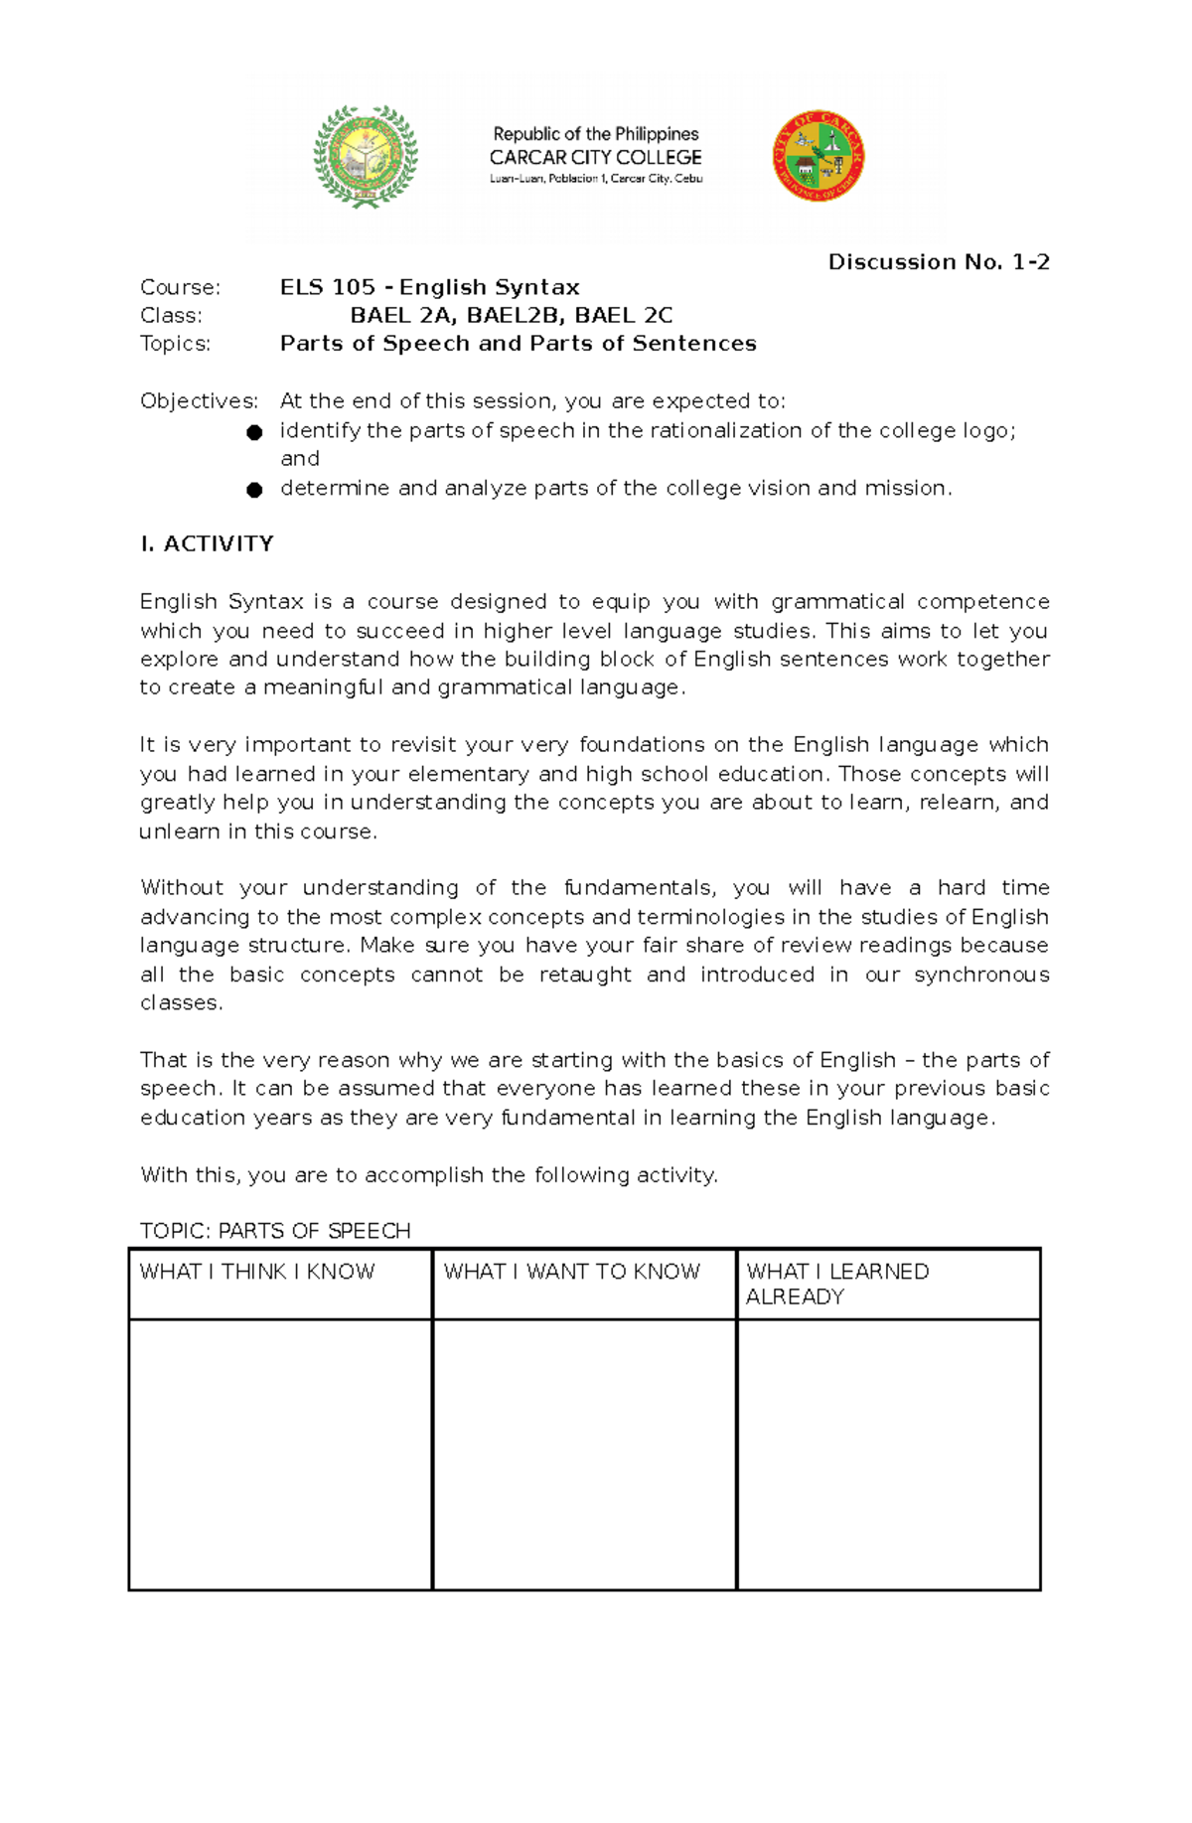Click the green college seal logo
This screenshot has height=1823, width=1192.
pos(366,157)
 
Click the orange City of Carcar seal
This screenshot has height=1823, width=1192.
pos(819,156)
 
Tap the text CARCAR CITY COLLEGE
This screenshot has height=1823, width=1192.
pos(595,157)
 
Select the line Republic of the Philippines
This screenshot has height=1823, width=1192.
pos(595,134)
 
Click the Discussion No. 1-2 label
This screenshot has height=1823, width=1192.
pos(939,262)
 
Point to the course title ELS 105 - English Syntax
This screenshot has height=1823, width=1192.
pos(429,288)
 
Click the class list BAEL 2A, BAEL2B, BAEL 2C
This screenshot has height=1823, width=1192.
pos(511,316)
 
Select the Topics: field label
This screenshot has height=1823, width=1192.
pos(176,344)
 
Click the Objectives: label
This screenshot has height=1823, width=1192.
pos(199,401)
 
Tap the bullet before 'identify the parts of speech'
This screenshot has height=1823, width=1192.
pos(254,432)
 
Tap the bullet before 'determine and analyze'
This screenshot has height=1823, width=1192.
pos(254,490)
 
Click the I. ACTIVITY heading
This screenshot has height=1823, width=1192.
pos(207,544)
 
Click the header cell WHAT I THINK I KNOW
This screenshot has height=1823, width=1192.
pos(258,1272)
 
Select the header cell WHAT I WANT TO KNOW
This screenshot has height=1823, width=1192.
pos(572,1272)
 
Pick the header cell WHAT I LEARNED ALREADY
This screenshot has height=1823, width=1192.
pos(837,1284)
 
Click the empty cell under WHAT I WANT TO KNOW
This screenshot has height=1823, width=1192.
pos(584,1453)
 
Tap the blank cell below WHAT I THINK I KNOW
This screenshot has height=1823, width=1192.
pos(280,1453)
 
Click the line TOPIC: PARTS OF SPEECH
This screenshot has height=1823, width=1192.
pos(275,1231)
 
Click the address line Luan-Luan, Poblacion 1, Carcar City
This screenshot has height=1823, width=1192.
pos(595,179)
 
